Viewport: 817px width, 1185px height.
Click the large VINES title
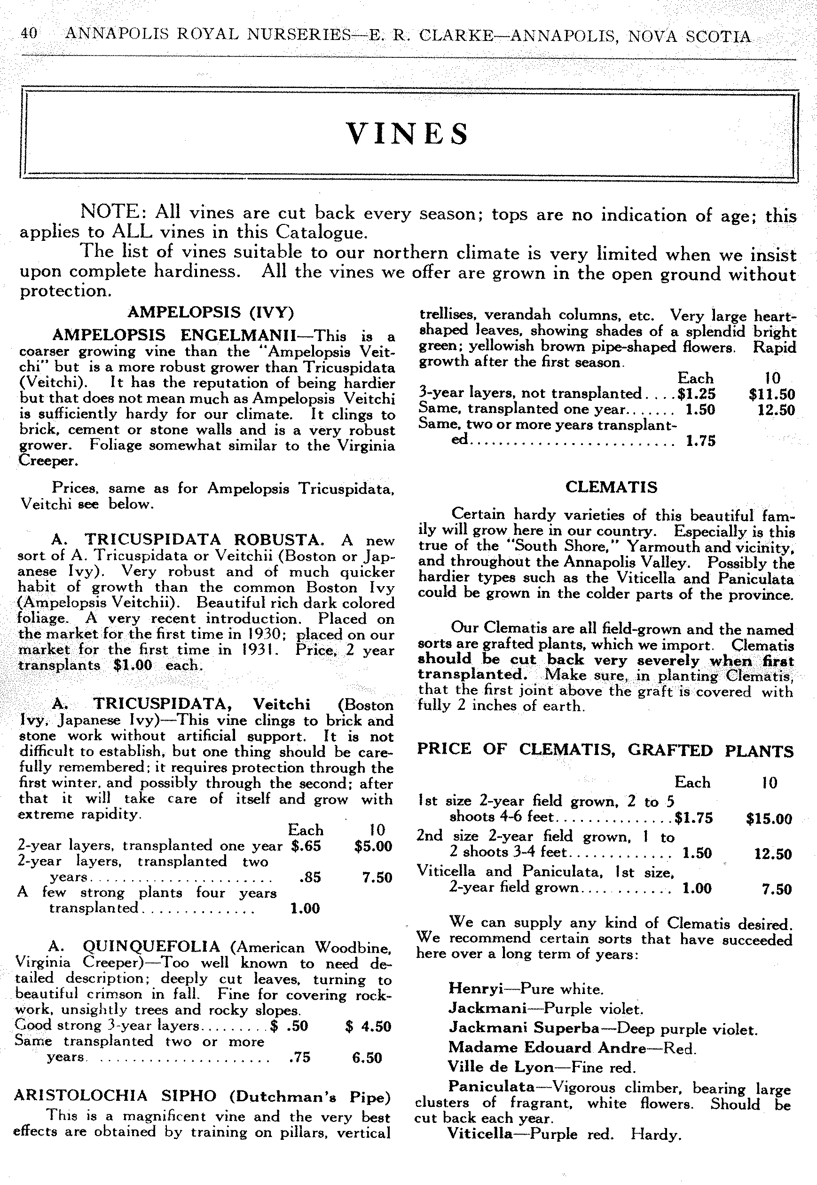[408, 134]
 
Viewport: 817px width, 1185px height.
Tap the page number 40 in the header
[29, 33]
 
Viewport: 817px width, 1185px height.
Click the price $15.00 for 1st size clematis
[769, 818]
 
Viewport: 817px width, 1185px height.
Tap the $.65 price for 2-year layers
[306, 845]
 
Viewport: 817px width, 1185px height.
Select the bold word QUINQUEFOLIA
[151, 946]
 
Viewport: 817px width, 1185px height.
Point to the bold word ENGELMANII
[238, 335]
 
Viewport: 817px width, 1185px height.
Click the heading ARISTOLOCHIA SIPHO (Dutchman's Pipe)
[202, 1097]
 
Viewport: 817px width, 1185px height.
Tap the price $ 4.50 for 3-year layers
[368, 1026]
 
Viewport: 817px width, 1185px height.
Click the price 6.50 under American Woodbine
[367, 1058]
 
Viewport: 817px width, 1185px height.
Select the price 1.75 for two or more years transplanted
[700, 441]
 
